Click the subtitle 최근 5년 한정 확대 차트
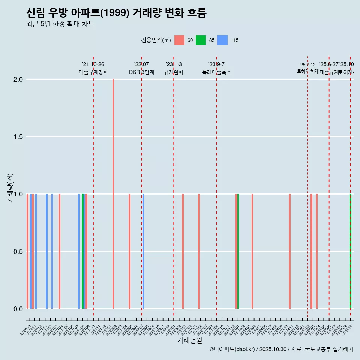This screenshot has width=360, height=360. [60, 24]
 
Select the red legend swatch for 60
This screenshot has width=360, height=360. [179, 40]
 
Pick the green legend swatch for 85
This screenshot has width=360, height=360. [201, 40]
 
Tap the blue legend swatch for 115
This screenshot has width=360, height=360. [223, 40]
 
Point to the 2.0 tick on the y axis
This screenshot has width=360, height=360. [18, 79]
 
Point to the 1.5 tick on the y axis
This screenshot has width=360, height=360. [18, 137]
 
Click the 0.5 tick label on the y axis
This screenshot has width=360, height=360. [18, 252]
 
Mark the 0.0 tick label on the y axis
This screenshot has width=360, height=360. [18, 309]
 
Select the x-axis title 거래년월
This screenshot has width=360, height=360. [189, 340]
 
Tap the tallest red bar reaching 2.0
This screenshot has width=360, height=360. [113, 193]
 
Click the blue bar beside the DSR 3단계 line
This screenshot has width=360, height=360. [143, 251]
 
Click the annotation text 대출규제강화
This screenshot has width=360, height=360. [93, 72]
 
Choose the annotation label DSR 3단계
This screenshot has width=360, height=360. [141, 72]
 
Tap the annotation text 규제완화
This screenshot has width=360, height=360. [174, 72]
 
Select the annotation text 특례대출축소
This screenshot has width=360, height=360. [217, 72]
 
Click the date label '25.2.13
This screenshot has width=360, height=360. [307, 65]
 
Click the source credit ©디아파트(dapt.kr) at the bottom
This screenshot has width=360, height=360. [232, 349]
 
